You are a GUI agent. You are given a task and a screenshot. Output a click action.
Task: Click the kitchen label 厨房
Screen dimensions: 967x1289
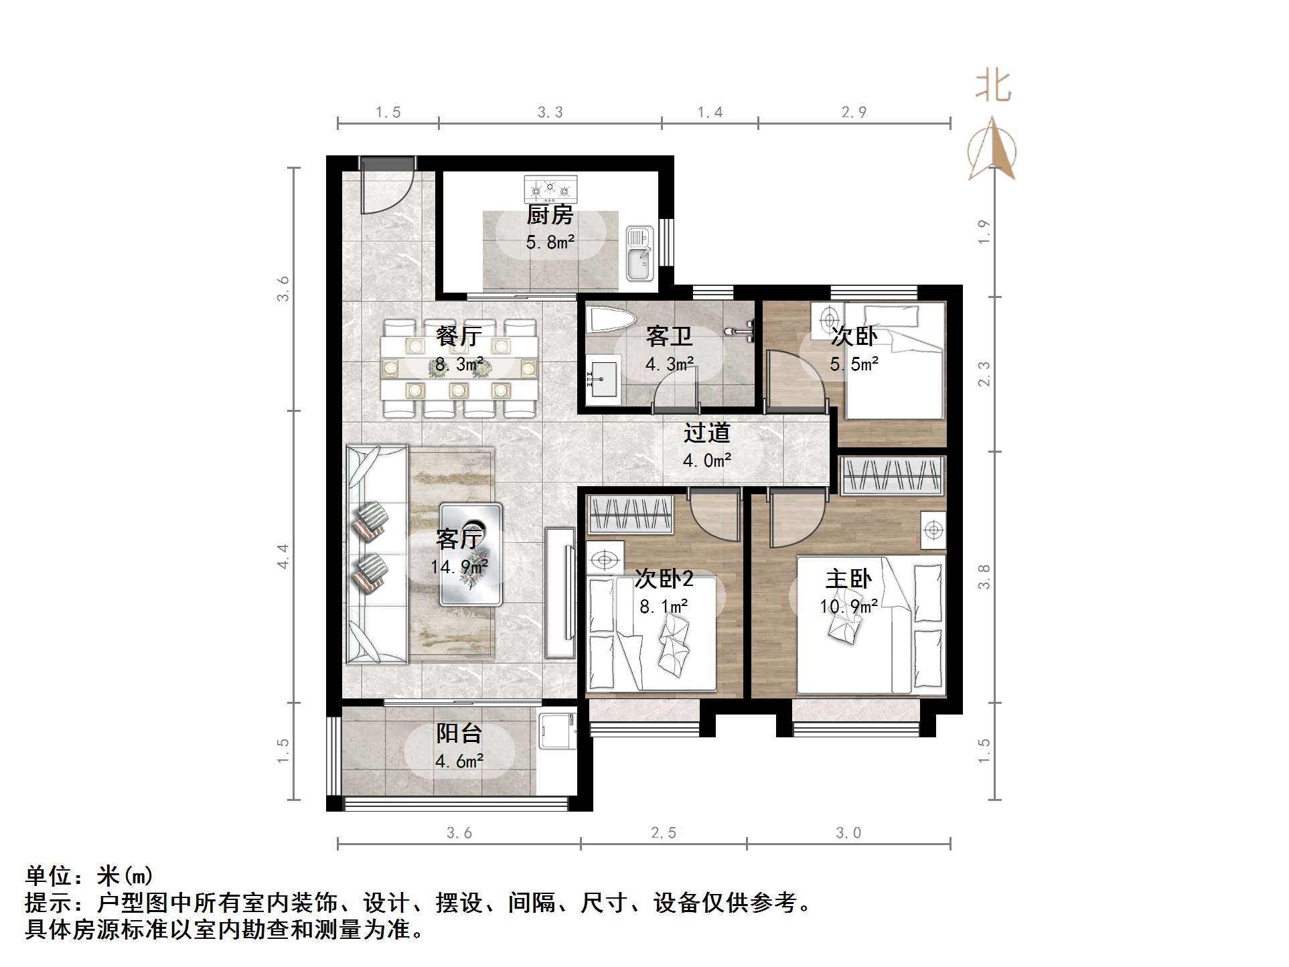click(550, 215)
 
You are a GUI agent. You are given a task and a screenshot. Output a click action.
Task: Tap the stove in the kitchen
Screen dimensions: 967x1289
click(550, 189)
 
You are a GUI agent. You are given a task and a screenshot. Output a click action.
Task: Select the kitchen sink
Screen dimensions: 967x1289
click(639, 254)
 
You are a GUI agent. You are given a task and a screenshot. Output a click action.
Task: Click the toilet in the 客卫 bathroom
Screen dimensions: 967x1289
click(609, 320)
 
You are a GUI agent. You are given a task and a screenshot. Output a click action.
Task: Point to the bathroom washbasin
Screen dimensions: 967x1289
click(602, 380)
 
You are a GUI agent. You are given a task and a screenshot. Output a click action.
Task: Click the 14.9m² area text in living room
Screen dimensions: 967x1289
click(459, 567)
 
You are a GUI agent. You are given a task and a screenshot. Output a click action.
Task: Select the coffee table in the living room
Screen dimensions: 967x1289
click(471, 554)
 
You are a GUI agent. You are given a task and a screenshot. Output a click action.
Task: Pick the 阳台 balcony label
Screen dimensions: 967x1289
click(459, 733)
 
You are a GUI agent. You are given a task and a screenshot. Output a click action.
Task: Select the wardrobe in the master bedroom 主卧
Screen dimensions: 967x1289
click(892, 475)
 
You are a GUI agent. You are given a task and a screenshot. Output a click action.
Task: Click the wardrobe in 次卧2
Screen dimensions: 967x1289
click(629, 514)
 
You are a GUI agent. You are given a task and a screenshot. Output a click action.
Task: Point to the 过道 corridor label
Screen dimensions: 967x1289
click(706, 433)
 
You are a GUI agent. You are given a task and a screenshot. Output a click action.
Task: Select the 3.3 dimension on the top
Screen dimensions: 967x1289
click(550, 113)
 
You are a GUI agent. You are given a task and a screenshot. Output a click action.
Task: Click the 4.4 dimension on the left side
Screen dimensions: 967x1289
click(283, 556)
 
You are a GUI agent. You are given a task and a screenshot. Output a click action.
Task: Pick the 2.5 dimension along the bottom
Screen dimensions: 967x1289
click(664, 832)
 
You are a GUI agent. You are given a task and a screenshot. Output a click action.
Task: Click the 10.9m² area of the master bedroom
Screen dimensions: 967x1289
click(848, 607)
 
